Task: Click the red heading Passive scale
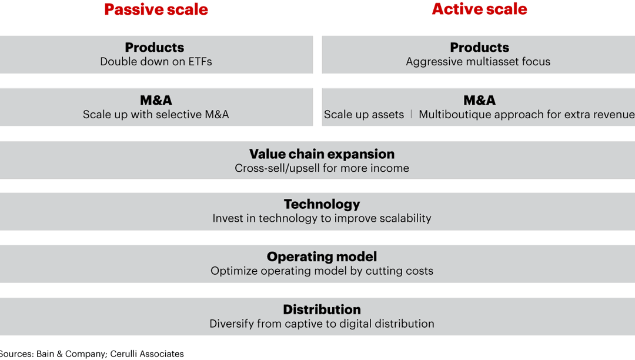tap(156, 10)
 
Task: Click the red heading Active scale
tap(479, 9)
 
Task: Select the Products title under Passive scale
tap(155, 48)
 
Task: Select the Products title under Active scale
tap(479, 48)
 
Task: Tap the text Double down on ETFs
tap(156, 62)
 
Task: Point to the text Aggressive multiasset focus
tap(478, 62)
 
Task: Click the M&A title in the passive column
tap(156, 101)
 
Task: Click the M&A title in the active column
tap(479, 101)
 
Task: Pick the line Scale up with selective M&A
tap(156, 115)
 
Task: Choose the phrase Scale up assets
tap(364, 115)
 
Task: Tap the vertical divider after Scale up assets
tap(412, 115)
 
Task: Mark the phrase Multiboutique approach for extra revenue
tap(526, 115)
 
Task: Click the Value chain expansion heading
tap(322, 154)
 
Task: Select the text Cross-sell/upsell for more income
tap(322, 168)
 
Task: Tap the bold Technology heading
tap(322, 204)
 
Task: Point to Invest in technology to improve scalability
tap(322, 218)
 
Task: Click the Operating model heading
tap(322, 257)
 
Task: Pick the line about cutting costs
tap(322, 271)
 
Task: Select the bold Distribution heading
tap(322, 310)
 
